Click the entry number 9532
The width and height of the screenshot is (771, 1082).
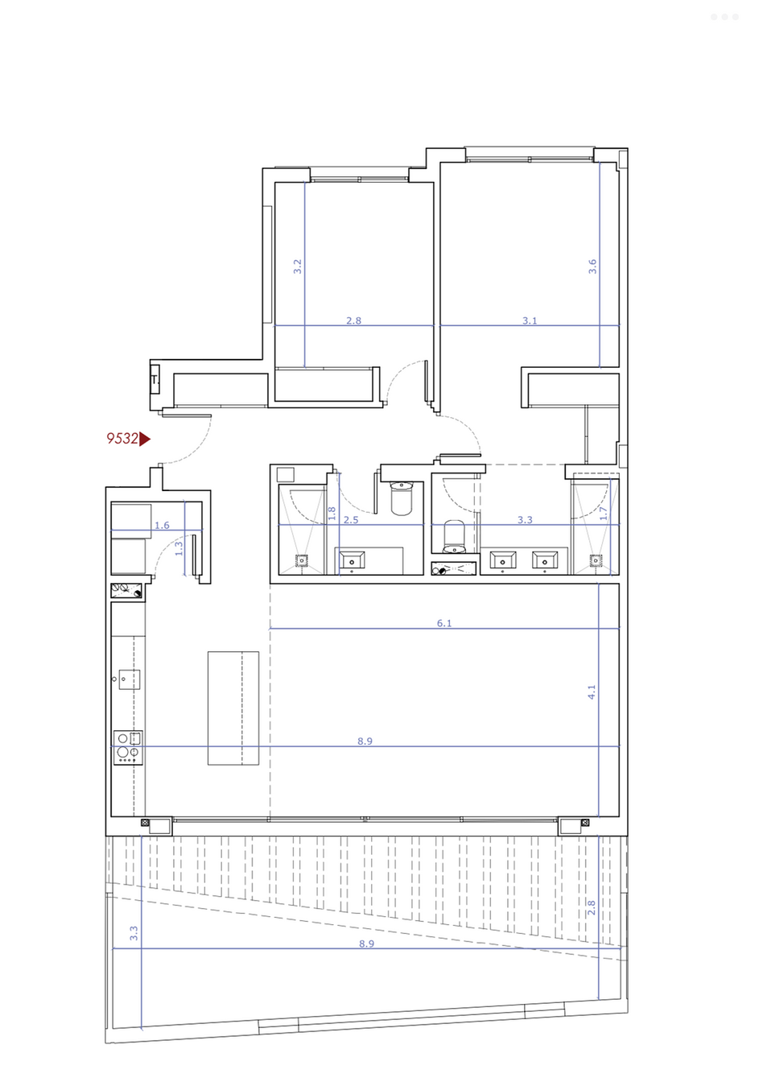point(122,439)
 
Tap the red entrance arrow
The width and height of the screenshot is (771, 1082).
point(144,439)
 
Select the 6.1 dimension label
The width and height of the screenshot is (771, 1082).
point(444,623)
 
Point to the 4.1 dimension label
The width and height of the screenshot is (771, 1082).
point(592,692)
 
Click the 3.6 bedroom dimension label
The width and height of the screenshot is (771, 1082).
point(592,266)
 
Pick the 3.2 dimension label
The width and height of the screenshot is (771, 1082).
point(298,266)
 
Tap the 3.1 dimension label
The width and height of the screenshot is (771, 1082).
point(530,320)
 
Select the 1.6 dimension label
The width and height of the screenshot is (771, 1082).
point(162,525)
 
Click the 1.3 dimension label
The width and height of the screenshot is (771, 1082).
point(179,548)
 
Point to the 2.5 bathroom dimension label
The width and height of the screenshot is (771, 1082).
point(351,520)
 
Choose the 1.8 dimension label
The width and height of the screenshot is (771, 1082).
point(332,513)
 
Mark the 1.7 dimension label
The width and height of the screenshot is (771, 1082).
point(603,513)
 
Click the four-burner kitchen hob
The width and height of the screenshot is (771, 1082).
point(128,747)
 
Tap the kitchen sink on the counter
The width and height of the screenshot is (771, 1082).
point(130,679)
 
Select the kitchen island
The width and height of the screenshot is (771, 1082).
point(233,708)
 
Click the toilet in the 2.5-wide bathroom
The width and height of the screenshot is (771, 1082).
point(401,498)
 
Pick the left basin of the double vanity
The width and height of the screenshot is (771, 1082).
point(502,561)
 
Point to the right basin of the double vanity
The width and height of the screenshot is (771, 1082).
point(545,561)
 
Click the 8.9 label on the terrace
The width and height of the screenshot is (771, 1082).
point(366,944)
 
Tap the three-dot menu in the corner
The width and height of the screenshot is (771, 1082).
point(724,17)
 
